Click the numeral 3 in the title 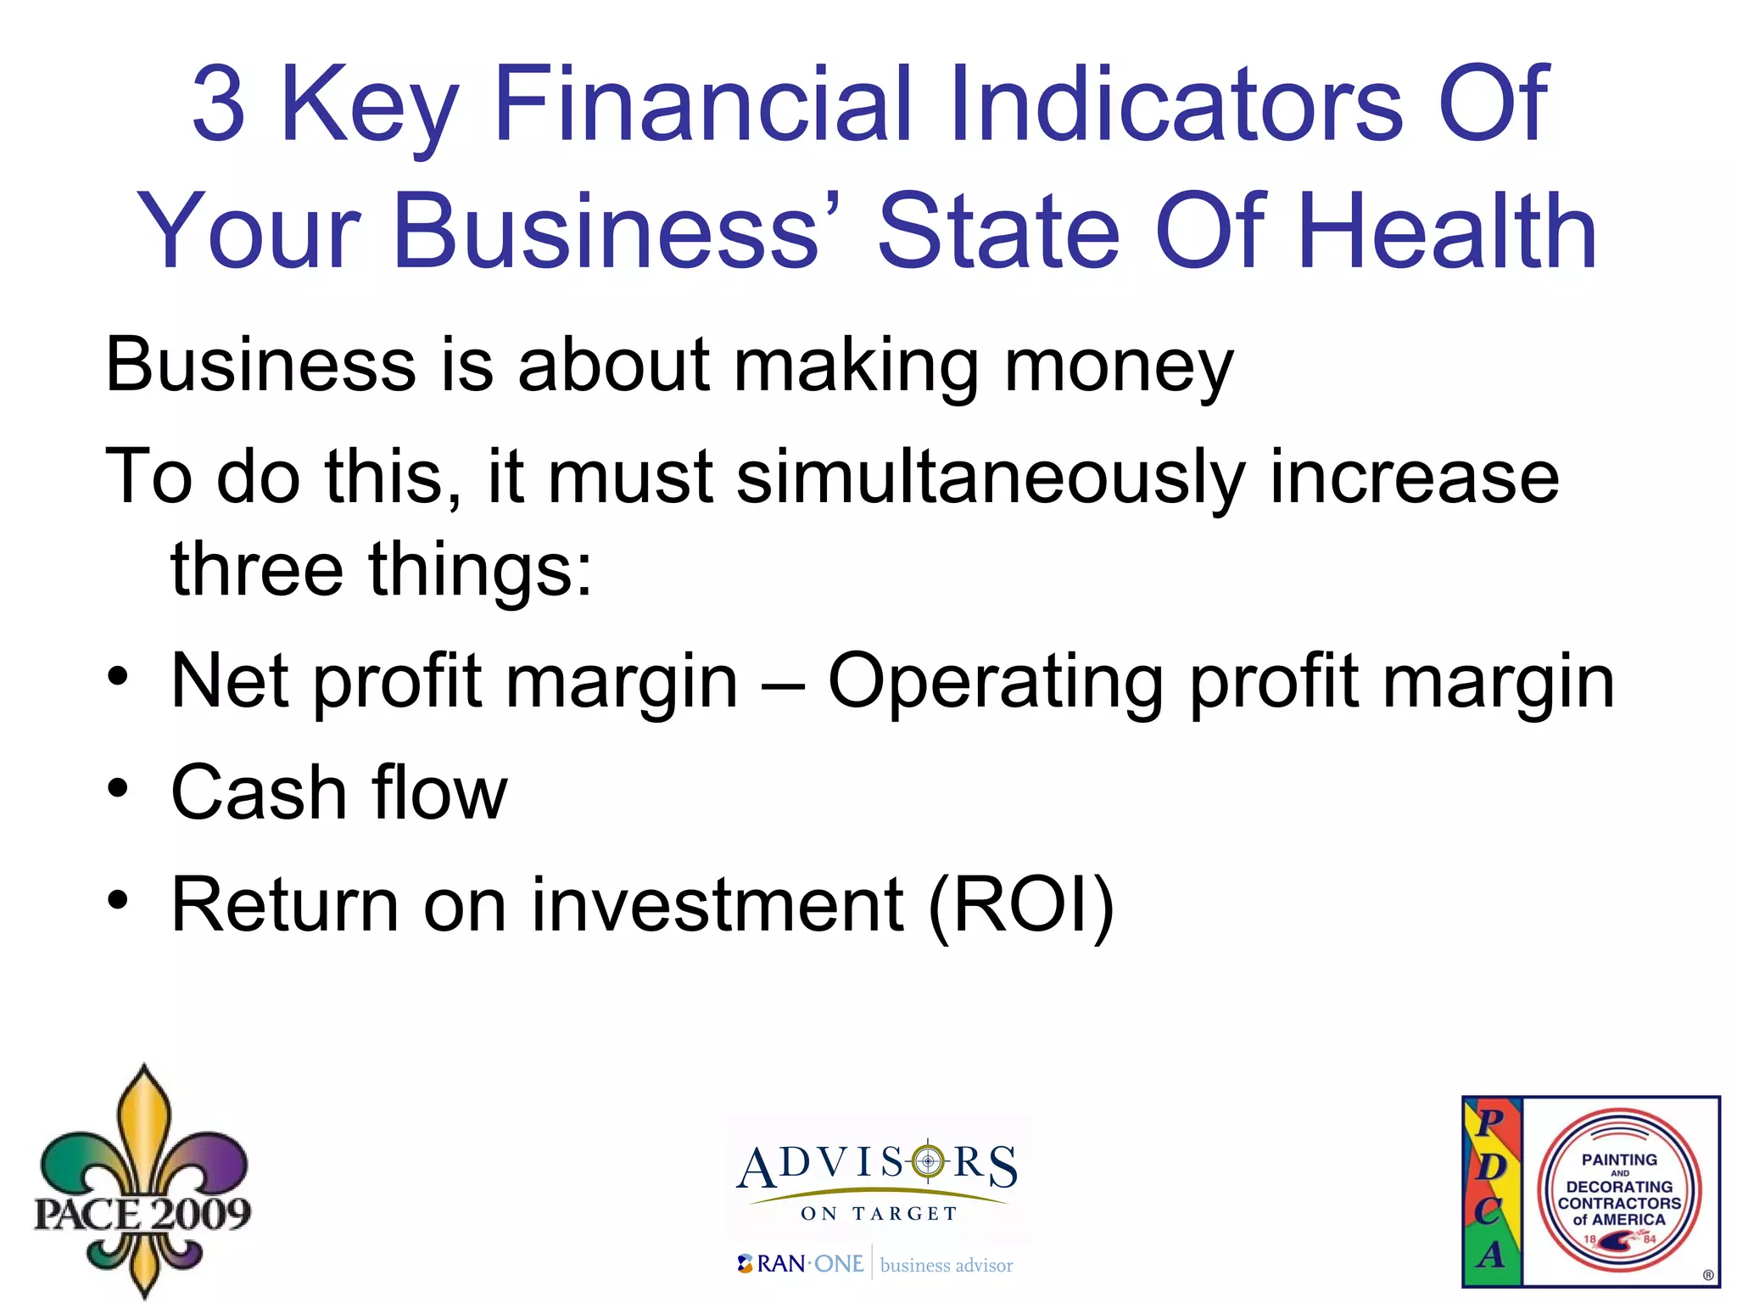[219, 104]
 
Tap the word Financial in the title [703, 104]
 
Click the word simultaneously [989, 477]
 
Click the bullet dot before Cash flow [118, 789]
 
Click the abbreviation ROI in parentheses [1021, 905]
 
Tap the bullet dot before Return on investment [118, 901]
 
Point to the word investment [718, 905]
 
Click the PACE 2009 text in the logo [142, 1213]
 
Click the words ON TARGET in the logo [879, 1214]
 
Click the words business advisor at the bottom [947, 1266]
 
